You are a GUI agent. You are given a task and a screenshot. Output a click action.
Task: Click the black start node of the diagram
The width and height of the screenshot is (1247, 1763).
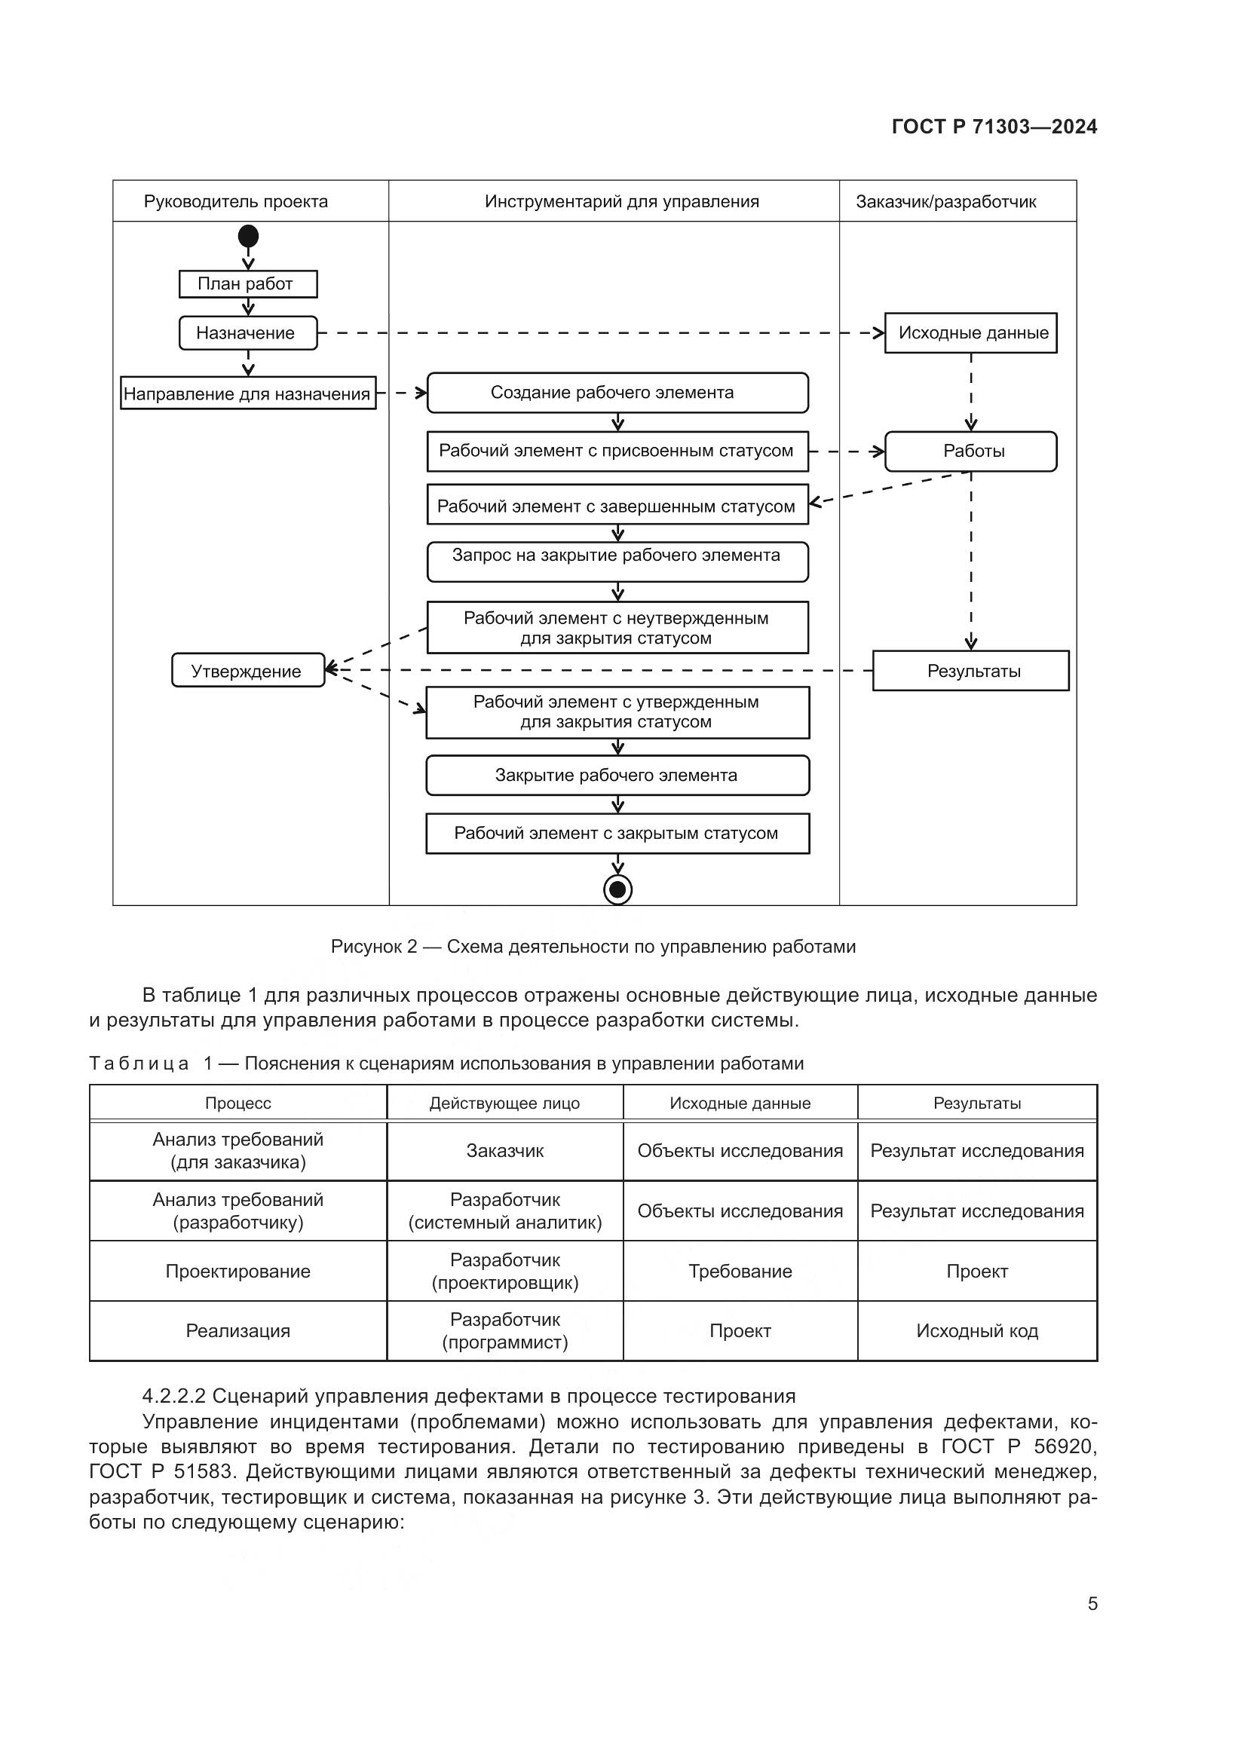[x=248, y=236]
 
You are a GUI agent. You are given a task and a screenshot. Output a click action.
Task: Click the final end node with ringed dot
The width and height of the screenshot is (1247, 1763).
[x=617, y=890]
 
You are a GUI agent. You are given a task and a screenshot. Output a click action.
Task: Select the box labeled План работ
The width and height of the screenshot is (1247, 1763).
[x=247, y=284]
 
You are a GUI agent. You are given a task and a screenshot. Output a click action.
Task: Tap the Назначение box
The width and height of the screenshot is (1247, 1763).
[x=247, y=333]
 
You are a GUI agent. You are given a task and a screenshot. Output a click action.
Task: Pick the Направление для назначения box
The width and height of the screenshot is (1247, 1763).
[x=247, y=394]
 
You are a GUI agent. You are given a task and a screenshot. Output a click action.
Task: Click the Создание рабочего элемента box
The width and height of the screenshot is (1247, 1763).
[x=617, y=393]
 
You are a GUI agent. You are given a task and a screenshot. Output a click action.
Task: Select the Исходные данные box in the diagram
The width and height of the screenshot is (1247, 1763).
[x=970, y=333]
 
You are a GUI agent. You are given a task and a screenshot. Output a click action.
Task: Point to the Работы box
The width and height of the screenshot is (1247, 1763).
[x=970, y=451]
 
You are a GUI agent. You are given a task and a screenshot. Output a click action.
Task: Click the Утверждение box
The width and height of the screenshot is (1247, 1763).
[x=247, y=671]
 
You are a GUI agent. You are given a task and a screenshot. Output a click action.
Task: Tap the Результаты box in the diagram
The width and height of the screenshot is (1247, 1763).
[x=970, y=671]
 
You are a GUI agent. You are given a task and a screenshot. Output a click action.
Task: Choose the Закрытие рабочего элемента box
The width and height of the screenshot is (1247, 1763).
[x=617, y=776]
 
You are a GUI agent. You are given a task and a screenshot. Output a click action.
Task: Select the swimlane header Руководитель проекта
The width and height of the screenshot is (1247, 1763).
[x=236, y=202]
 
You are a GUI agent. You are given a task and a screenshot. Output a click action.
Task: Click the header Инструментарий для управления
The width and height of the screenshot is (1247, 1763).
[x=621, y=202]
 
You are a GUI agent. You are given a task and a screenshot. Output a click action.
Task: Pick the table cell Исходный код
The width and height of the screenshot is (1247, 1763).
[x=976, y=1330]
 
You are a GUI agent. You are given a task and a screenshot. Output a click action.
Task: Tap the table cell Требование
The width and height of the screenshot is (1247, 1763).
[x=740, y=1271]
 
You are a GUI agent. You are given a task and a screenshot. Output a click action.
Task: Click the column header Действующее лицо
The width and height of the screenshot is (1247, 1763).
[x=504, y=1103]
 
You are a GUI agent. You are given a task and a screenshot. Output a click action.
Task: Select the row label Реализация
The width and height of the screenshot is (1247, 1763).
[x=238, y=1330]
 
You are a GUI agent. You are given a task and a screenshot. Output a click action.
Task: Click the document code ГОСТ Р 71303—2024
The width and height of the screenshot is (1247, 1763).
[x=994, y=127]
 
